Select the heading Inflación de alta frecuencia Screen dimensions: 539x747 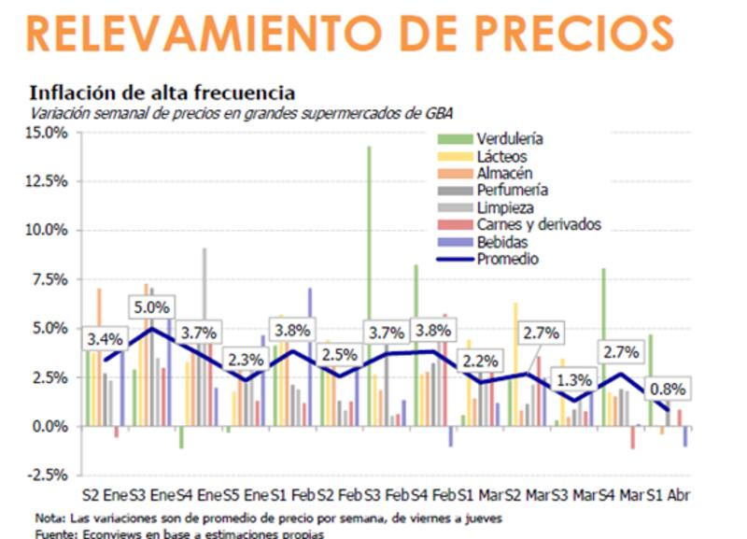pyautogui.click(x=162, y=93)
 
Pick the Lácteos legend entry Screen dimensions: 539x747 pyautogui.click(x=501, y=156)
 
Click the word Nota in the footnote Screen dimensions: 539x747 pyautogui.click(x=47, y=518)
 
